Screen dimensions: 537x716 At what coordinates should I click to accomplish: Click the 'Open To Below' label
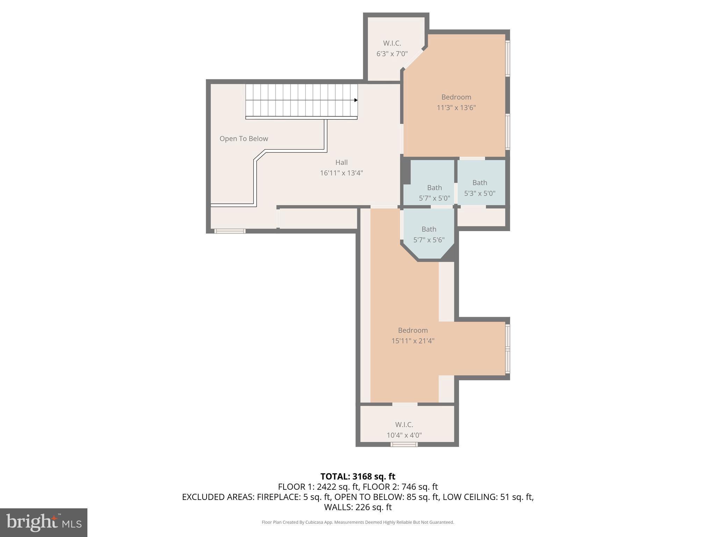(x=244, y=139)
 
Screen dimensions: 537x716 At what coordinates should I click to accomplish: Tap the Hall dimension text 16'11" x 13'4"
(x=341, y=173)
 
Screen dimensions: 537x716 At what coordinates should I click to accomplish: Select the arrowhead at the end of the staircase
(x=356, y=100)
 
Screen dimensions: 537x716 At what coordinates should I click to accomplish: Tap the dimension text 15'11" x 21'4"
(x=413, y=341)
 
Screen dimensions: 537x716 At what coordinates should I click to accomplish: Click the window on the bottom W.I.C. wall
(x=404, y=444)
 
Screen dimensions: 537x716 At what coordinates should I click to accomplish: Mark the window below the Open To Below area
(x=230, y=231)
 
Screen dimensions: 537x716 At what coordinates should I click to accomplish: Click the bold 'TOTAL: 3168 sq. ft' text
(x=358, y=477)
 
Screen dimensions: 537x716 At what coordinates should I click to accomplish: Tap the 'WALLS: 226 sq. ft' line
(x=358, y=507)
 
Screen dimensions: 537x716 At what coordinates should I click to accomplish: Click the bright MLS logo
(x=44, y=522)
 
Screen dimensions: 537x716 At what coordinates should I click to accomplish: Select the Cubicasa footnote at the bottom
(x=358, y=522)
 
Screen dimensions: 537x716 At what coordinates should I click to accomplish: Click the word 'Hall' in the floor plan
(x=341, y=163)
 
